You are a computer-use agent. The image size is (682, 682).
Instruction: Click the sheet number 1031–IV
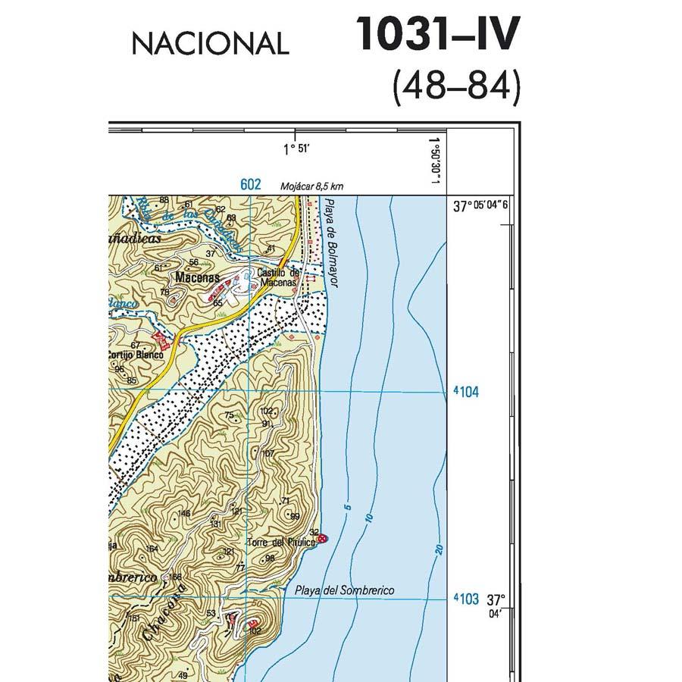point(438,34)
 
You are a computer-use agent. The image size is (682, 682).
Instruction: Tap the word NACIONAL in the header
point(210,43)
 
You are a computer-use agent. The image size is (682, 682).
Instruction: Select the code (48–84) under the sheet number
point(456,88)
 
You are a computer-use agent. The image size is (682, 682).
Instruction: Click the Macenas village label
point(197,278)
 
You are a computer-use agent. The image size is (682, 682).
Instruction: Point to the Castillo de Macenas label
point(278,278)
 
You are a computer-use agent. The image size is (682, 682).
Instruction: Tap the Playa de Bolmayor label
point(330,242)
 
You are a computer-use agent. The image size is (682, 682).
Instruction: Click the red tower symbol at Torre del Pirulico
point(322,539)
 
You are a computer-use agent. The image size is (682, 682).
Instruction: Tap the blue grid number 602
point(250,184)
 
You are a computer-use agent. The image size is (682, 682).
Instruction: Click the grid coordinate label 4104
point(466,393)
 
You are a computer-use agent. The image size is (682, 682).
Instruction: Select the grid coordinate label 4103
point(466,599)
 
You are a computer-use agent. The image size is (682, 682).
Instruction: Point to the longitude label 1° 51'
point(296,149)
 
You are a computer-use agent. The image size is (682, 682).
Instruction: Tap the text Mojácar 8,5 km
point(311,186)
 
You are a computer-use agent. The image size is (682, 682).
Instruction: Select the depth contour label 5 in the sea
point(348,505)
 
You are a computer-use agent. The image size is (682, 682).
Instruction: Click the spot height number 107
point(267,453)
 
